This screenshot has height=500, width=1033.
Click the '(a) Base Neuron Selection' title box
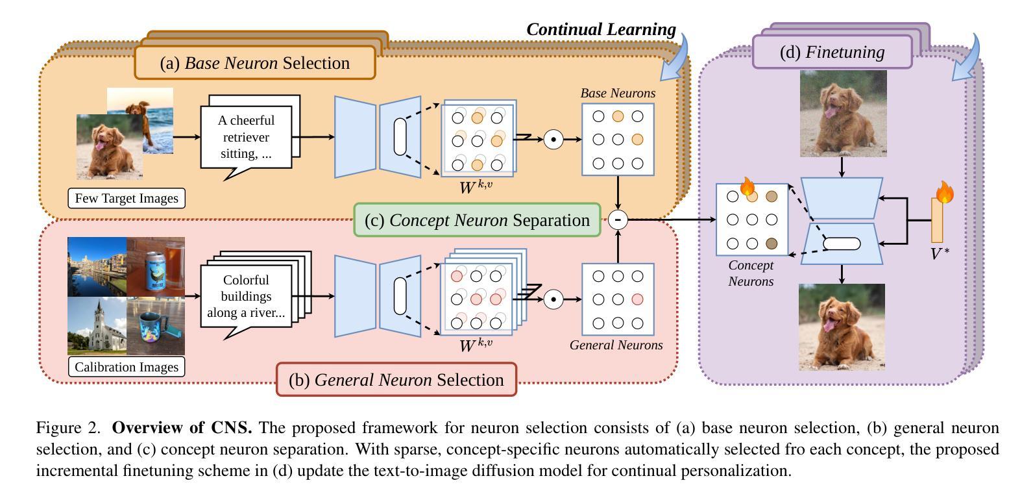tap(254, 63)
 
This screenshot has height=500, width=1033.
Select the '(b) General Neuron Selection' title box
tap(396, 380)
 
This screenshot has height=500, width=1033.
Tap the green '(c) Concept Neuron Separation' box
tap(477, 220)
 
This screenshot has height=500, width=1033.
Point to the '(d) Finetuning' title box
tap(832, 52)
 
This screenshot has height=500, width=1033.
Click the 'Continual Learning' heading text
tap(601, 29)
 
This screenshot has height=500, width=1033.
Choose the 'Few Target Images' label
tap(127, 198)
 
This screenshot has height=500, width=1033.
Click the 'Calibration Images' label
tap(127, 367)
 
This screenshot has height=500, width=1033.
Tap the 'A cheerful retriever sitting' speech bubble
tap(246, 137)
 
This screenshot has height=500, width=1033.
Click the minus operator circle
tap(618, 219)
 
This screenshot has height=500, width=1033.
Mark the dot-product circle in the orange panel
tap(553, 139)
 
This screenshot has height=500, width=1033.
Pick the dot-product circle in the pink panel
tap(553, 299)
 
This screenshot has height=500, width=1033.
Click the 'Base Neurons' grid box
tap(618, 139)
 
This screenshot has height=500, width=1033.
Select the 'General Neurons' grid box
tap(618, 299)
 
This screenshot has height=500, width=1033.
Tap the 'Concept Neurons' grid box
tap(751, 220)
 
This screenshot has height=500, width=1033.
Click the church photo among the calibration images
tap(97, 327)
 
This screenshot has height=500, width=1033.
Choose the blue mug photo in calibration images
tap(156, 327)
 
